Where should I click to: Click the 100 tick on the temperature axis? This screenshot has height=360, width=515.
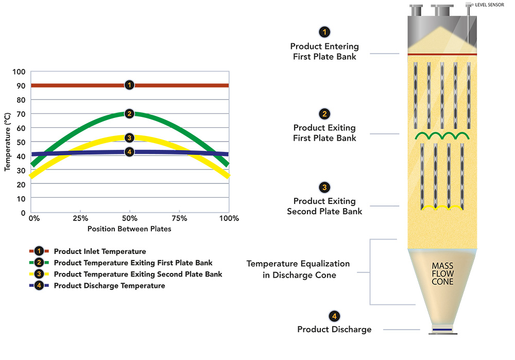(20, 71)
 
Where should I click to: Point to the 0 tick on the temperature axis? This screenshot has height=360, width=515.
(23, 212)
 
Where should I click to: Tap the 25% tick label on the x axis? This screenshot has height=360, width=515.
(80, 218)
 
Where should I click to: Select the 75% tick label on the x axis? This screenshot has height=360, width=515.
(179, 218)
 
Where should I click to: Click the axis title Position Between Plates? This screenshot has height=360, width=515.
(129, 229)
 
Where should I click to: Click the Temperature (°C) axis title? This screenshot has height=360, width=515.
(8, 142)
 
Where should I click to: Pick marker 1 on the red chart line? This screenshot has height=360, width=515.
(129, 85)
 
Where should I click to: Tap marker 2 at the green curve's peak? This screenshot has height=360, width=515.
(129, 114)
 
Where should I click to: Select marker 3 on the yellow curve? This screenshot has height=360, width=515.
(129, 138)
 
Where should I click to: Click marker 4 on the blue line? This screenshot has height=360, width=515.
(129, 152)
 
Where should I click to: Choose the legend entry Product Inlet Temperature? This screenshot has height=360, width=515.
(99, 252)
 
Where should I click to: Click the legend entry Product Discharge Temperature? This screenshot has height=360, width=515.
(109, 285)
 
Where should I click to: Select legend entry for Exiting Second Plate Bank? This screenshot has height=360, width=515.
(138, 274)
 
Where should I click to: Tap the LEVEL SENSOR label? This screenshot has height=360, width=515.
(490, 5)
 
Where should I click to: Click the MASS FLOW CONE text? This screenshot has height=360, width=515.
(442, 274)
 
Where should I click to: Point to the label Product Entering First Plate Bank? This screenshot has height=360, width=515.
(324, 52)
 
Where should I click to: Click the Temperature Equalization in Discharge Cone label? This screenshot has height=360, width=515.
(298, 269)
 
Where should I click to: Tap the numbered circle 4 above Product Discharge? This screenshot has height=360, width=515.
(334, 316)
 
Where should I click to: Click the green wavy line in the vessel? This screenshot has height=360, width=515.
(442, 136)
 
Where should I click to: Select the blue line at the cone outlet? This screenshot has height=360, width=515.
(442, 330)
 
